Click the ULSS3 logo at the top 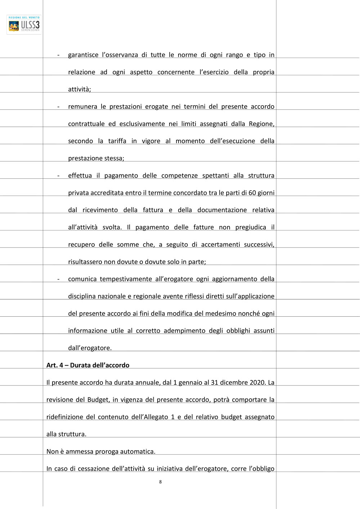point(24,24)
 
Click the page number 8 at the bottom point(160,482)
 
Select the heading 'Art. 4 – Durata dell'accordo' point(88,365)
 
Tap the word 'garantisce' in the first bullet point(83,55)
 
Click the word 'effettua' point(80,176)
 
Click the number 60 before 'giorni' point(252,193)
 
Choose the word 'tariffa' point(117,141)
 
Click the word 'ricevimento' point(100,210)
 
